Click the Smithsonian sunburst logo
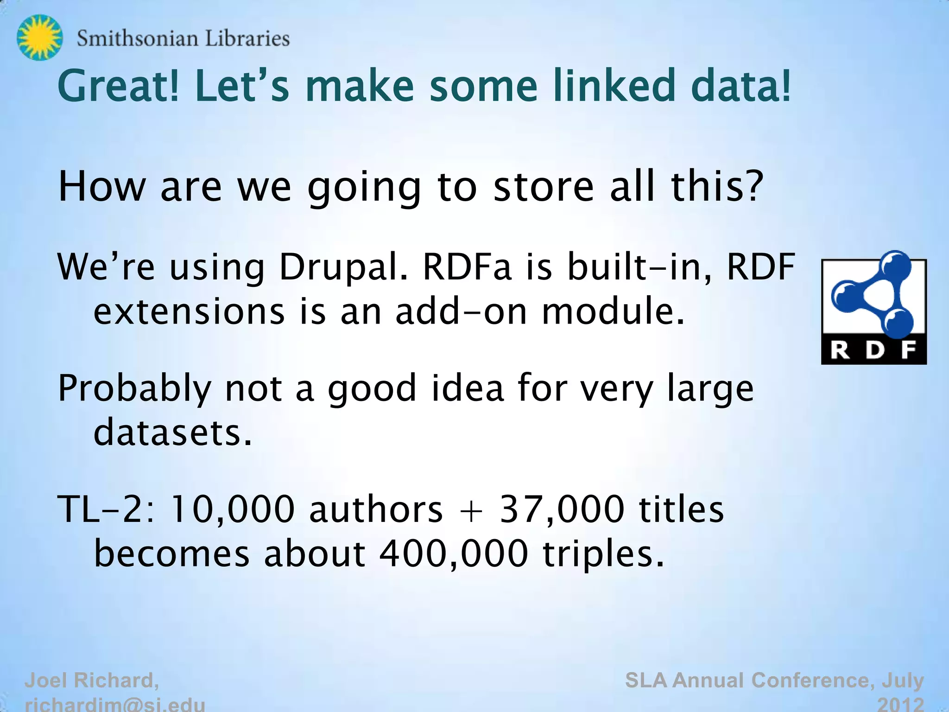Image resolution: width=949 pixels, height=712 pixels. coord(39,38)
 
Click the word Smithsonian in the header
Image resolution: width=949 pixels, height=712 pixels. coord(137,38)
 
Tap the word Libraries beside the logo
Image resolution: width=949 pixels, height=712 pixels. coord(247,38)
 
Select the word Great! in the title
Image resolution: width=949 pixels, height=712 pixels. coord(119,86)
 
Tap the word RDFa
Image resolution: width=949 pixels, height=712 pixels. coord(467,267)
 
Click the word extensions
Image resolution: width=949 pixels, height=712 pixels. coord(189,311)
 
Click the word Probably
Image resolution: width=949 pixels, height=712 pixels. coord(134,388)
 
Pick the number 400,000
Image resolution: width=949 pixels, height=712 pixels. coord(454,554)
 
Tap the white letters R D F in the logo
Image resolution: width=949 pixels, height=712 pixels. coord(873,350)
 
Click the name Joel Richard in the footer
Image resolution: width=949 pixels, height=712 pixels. coord(92,680)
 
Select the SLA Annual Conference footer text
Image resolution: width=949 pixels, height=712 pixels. coord(774,680)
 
